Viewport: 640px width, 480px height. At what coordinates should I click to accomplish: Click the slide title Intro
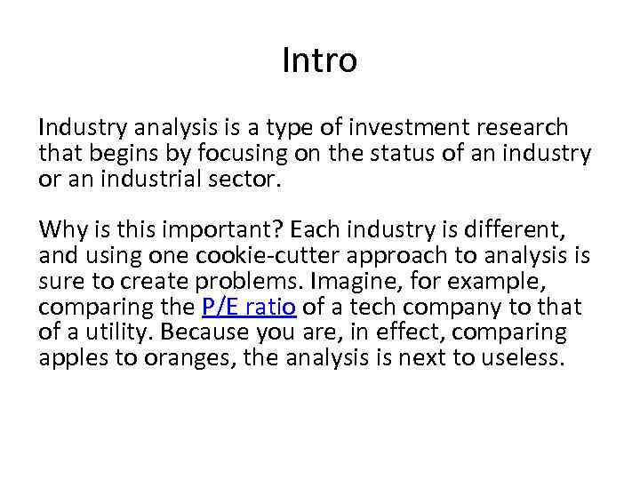click(x=319, y=60)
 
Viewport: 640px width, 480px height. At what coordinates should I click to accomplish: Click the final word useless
click(x=524, y=357)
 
